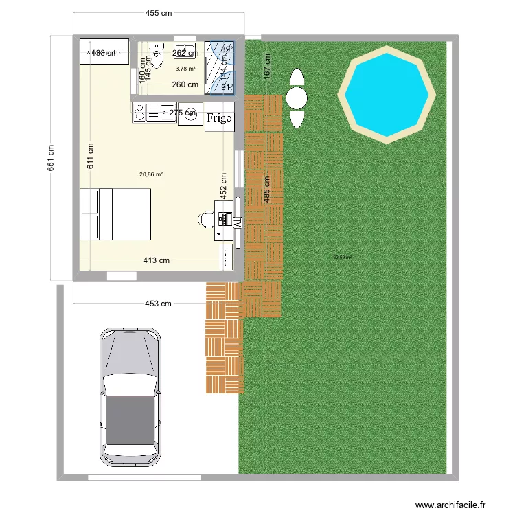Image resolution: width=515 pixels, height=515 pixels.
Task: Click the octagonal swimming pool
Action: pos(387,95)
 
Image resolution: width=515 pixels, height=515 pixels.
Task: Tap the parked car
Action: pos(130,397)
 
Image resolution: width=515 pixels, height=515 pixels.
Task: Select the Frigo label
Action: pos(220,118)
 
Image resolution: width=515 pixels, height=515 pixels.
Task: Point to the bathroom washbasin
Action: pos(183,52)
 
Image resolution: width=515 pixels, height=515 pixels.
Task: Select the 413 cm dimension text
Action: pos(157,260)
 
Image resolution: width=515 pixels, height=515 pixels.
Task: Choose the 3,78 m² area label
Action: pos(185,69)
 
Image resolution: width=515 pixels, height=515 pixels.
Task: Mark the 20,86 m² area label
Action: pos(151,174)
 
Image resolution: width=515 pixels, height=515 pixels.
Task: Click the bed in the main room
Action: pos(115,214)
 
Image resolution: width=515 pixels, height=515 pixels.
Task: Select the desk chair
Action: pos(203,218)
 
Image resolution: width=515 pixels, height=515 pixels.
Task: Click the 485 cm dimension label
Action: pos(266,186)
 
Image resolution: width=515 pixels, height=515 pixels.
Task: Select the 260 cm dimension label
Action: pos(185,85)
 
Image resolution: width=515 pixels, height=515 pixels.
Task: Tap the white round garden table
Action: pos(297,98)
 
